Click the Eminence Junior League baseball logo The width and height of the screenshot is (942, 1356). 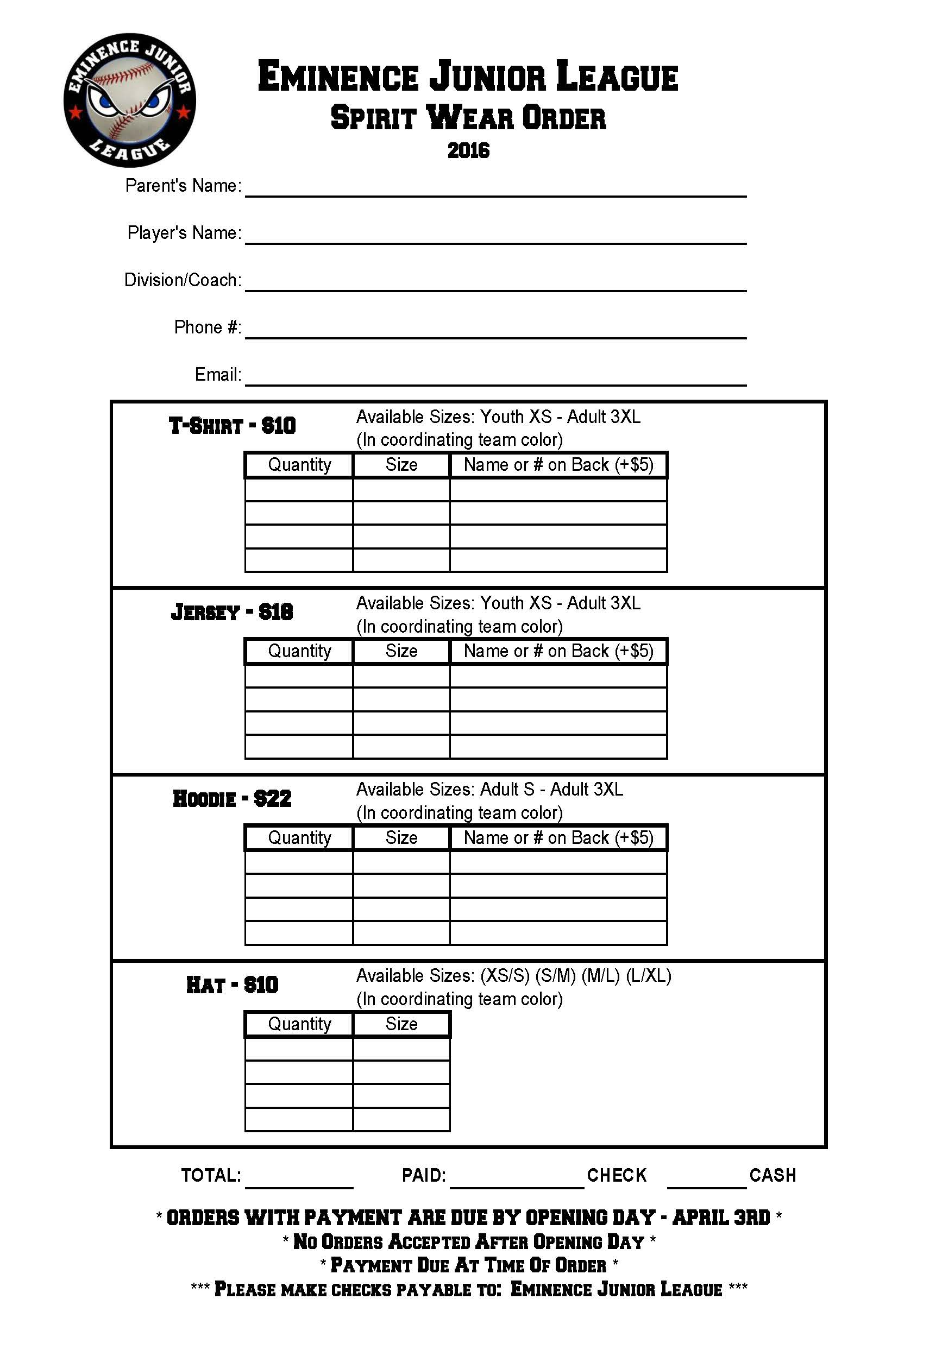(130, 100)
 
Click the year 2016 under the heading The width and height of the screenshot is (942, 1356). (468, 150)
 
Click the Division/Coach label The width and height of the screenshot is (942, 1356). (183, 280)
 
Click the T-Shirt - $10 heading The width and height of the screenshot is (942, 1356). (232, 425)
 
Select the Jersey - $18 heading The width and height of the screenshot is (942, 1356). (232, 612)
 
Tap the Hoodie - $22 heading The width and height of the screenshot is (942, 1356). (232, 798)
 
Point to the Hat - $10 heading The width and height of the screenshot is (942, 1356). (232, 985)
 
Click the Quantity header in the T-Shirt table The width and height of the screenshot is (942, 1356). (299, 465)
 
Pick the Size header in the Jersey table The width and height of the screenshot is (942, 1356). (401, 652)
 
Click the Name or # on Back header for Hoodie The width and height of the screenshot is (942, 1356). (558, 838)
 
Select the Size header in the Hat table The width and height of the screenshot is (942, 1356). (401, 1024)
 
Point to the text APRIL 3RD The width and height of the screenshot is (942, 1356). (721, 1218)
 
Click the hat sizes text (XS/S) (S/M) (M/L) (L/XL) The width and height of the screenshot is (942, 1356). (576, 976)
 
